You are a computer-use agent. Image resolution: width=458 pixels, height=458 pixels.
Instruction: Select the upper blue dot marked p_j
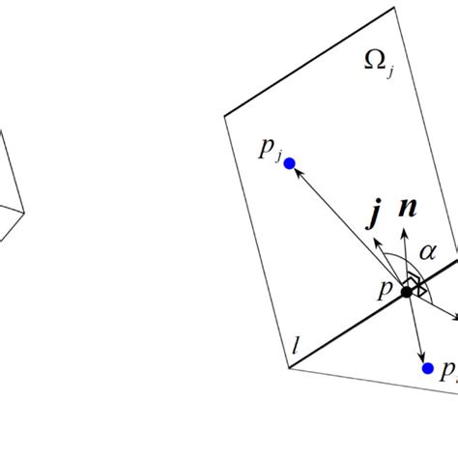pyautogui.click(x=289, y=163)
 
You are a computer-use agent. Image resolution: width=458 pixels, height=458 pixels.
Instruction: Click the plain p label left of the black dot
pyautogui.click(x=386, y=287)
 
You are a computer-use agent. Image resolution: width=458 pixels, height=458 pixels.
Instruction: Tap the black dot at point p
pyautogui.click(x=407, y=290)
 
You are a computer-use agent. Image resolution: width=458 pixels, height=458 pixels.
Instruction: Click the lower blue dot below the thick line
pyautogui.click(x=426, y=368)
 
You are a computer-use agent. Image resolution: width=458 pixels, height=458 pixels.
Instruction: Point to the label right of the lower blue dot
pyautogui.click(x=447, y=371)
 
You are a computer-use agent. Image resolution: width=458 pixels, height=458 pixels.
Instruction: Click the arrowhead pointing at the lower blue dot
pyautogui.click(x=422, y=357)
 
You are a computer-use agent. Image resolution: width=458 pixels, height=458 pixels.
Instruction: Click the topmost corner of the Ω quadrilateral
pyautogui.click(x=394, y=8)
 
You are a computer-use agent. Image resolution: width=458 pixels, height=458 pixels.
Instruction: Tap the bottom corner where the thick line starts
pyautogui.click(x=289, y=368)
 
